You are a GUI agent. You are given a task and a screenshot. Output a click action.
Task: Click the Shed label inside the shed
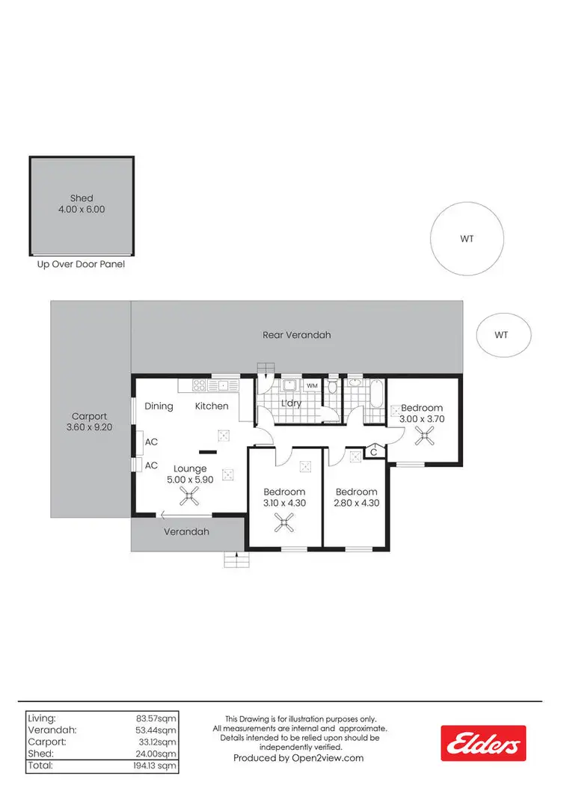[82, 198]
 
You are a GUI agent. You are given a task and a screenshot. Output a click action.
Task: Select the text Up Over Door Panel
[81, 264]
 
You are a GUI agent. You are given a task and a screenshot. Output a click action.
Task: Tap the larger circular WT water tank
[466, 239]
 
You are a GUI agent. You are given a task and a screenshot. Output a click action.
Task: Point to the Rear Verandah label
[296, 335]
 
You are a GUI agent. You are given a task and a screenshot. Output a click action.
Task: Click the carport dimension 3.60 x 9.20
[90, 428]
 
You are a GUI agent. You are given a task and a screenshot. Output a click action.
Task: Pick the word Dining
[159, 406]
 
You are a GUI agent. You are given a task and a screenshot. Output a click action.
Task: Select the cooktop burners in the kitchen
[200, 386]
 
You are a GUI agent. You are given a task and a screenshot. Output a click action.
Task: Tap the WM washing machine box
[312, 385]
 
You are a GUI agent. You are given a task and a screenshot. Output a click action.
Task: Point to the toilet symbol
[332, 387]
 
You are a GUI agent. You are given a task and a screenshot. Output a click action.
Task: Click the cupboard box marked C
[373, 451]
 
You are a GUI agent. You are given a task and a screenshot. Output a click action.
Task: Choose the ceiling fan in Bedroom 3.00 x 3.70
[425, 437]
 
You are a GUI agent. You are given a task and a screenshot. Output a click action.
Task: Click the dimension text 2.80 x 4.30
[355, 503]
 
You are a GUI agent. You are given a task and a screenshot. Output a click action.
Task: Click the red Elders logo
[482, 743]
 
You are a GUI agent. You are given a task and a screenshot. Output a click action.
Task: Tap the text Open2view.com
[331, 758]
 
